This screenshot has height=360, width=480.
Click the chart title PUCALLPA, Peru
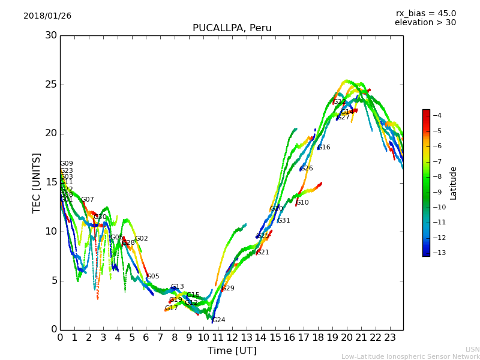232,28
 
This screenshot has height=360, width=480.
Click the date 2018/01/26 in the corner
47,16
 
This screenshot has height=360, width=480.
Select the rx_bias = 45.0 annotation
425,13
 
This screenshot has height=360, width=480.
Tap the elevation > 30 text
425,23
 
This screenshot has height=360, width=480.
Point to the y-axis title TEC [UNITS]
37,182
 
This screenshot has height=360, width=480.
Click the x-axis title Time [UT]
232,351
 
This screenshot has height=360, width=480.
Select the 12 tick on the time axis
232,338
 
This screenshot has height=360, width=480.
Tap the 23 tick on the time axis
390,338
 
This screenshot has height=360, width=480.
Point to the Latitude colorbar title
454,183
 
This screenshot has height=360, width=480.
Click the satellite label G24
219,320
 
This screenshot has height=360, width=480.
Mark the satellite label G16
324,148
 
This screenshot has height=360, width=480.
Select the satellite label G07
88,200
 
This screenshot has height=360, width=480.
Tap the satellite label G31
283,221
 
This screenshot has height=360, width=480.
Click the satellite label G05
153,277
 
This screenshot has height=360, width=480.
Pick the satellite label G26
307,169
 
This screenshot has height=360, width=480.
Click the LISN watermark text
472,349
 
